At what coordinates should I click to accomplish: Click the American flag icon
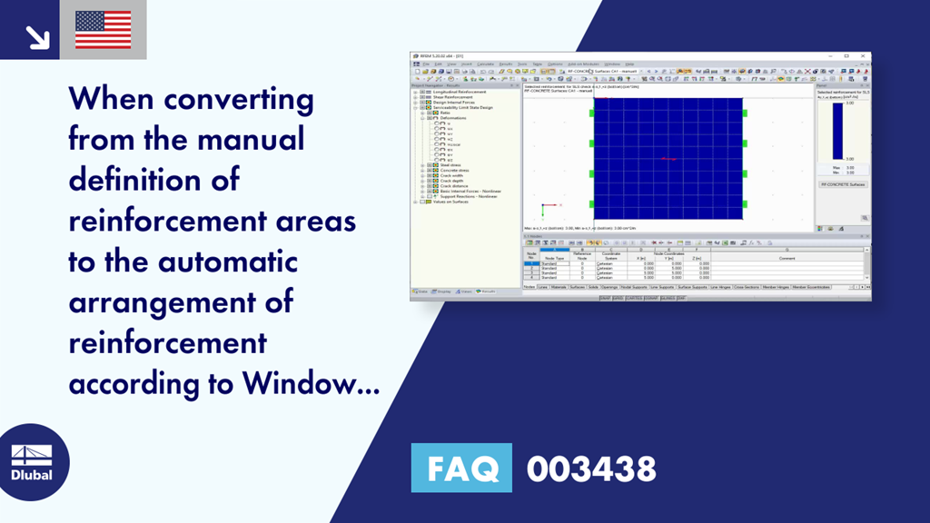pos(103,30)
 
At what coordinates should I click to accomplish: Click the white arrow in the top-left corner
pos(37,36)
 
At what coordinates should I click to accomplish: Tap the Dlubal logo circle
pos(32,461)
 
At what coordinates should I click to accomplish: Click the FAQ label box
pos(462,469)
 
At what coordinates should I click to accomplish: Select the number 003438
pos(590,469)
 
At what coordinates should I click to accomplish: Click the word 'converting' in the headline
pos(232,100)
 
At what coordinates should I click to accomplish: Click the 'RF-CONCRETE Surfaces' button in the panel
pos(843,184)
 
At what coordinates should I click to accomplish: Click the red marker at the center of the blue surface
pos(668,159)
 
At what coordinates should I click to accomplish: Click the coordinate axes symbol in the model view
pos(545,208)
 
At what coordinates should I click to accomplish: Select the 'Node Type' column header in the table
pos(554,258)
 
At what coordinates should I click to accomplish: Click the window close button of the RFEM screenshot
pos(866,55)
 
